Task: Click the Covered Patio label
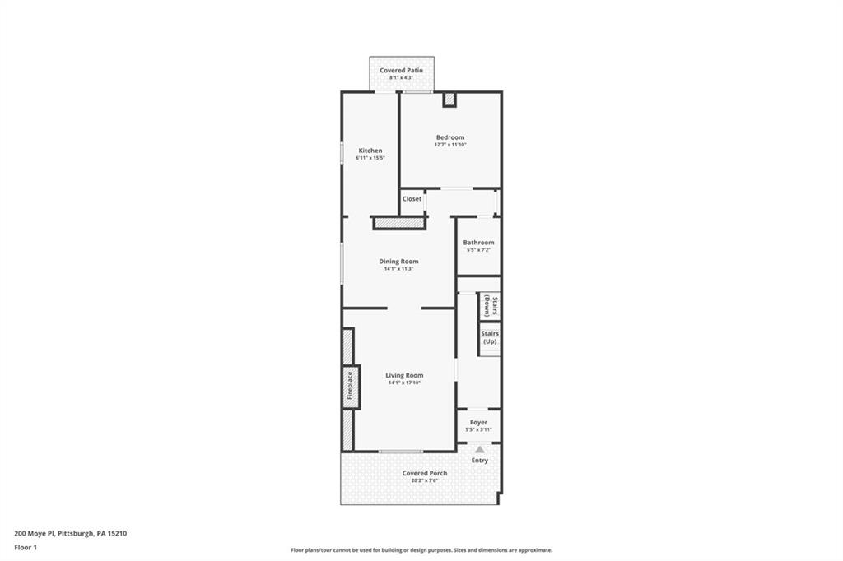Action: (401, 71)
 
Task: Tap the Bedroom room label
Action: (450, 137)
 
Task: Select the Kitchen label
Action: (370, 151)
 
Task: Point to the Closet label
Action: (412, 199)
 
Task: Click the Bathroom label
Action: (478, 243)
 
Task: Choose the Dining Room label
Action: (398, 262)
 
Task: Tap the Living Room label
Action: (404, 375)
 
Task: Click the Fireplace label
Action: (349, 386)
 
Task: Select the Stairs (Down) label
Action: (488, 306)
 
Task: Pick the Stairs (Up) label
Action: (489, 337)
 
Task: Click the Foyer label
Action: (478, 422)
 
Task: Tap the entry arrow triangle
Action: (479, 449)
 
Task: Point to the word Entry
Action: (479, 461)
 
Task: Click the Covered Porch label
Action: (425, 473)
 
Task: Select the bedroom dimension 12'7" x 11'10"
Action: (450, 145)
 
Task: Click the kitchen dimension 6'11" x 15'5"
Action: (370, 158)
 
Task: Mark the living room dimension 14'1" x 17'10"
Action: (404, 382)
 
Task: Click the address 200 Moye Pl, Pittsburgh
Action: (70, 532)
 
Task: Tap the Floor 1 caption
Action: (26, 546)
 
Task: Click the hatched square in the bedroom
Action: (449, 100)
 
